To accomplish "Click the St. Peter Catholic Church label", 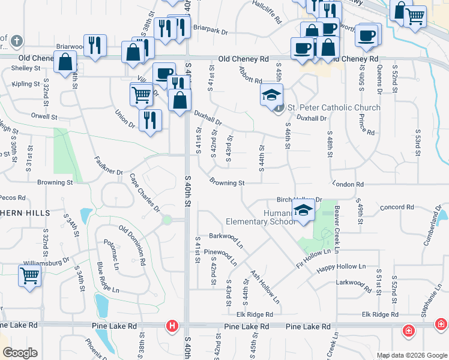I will [334, 108].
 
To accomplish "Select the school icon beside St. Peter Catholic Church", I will [271, 94].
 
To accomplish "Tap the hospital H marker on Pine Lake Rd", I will [172, 326].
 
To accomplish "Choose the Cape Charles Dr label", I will [145, 193].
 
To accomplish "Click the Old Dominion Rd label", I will [132, 245].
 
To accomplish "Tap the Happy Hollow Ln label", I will [341, 266].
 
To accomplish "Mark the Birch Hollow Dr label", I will [300, 200].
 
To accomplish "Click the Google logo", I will [20, 353].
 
